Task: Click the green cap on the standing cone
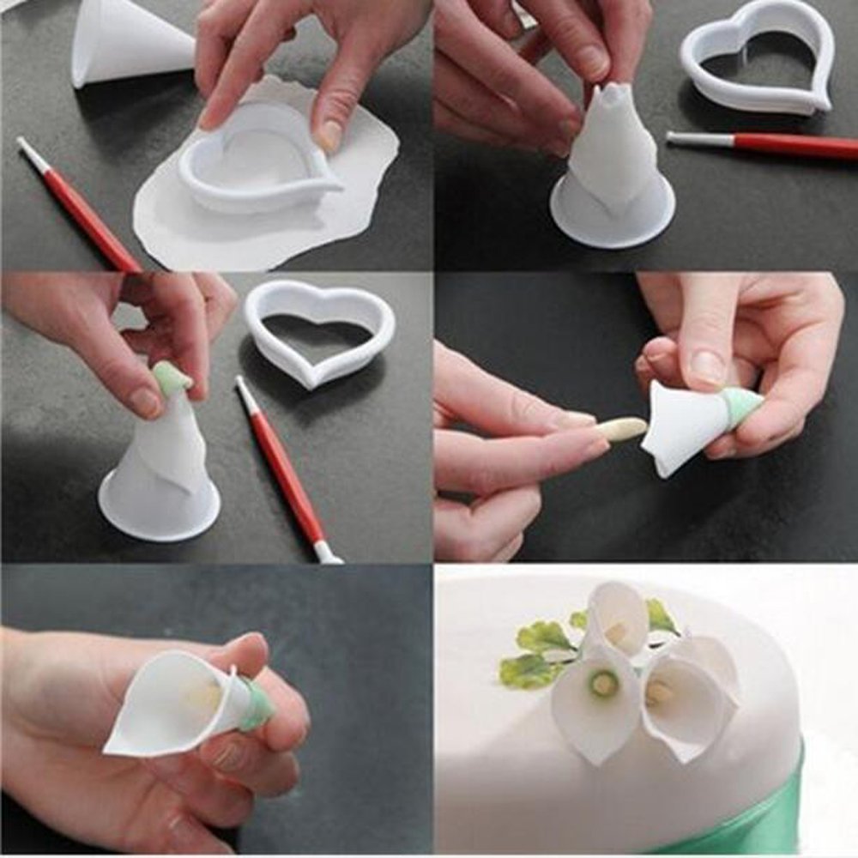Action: (171, 378)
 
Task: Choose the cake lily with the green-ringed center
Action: (596, 704)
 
